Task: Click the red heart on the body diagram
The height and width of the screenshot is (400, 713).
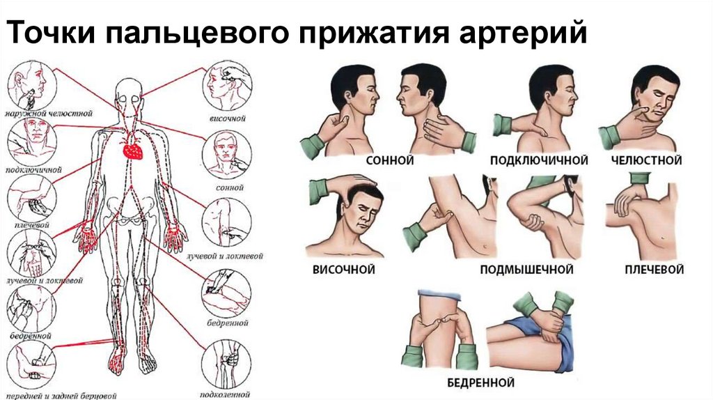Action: pyautogui.click(x=131, y=148)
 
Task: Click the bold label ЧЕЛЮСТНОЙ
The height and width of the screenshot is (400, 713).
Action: pyautogui.click(x=645, y=161)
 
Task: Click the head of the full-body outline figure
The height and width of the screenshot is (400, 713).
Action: pyautogui.click(x=129, y=88)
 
